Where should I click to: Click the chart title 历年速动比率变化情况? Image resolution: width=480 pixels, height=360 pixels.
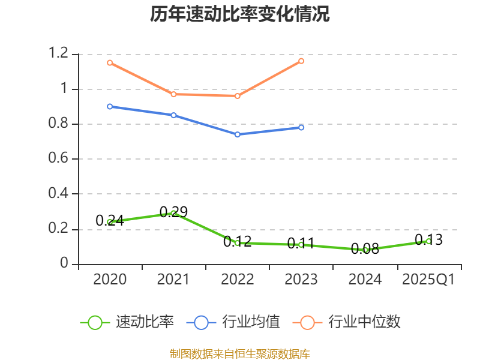tap(240, 14)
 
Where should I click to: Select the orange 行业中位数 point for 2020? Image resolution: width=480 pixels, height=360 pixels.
tap(110, 62)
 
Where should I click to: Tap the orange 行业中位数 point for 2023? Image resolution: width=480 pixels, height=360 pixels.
tap(301, 61)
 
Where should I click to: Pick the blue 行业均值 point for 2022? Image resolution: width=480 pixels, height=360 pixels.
tap(238, 134)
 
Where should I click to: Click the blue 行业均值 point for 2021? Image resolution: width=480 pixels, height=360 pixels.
tap(173, 115)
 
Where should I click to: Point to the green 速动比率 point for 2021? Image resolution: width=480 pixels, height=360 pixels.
tap(173, 213)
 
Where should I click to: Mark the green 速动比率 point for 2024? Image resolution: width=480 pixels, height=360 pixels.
tap(365, 250)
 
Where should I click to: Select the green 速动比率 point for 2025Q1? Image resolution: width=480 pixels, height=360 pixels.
tap(428, 241)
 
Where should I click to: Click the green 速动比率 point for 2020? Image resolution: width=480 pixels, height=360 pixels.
tap(110, 222)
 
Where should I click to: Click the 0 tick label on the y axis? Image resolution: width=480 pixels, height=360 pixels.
tap(64, 264)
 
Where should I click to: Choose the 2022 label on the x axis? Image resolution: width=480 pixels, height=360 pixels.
tap(238, 280)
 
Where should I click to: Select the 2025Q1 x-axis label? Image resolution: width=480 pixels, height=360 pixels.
tap(428, 280)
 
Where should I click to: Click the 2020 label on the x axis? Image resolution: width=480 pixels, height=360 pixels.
tap(110, 280)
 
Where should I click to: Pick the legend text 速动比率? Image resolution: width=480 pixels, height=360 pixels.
tap(145, 322)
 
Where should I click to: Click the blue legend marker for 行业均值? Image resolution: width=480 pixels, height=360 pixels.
tap(201, 322)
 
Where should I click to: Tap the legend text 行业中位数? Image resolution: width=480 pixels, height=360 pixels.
tap(364, 322)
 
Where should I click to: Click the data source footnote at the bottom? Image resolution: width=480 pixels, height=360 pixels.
tap(240, 353)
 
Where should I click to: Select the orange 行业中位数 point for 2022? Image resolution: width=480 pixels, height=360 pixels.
tap(238, 96)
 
